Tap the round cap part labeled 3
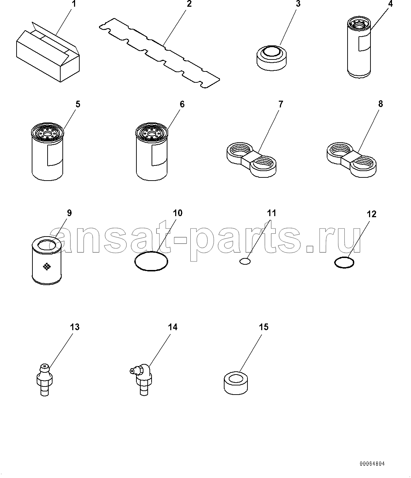click(x=271, y=58)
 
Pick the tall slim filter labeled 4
click(x=359, y=48)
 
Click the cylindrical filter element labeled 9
click(x=47, y=260)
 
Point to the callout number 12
click(x=371, y=214)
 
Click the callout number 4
click(x=390, y=4)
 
